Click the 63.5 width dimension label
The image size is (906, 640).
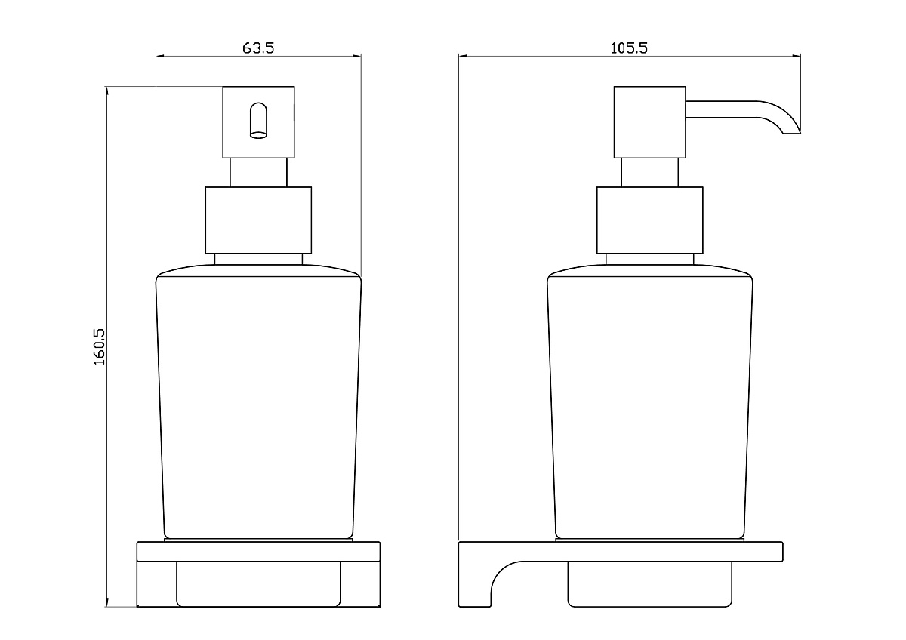tap(258, 48)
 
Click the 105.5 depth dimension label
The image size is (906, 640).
tap(629, 48)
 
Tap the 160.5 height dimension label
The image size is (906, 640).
tap(99, 346)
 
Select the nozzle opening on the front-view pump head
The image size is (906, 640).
tap(258, 121)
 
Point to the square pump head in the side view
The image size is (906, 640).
tap(649, 122)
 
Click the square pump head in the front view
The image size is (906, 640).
tap(258, 122)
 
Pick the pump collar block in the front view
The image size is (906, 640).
tap(258, 220)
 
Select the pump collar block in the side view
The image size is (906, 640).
tap(649, 220)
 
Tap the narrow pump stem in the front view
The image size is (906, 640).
tap(258, 172)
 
